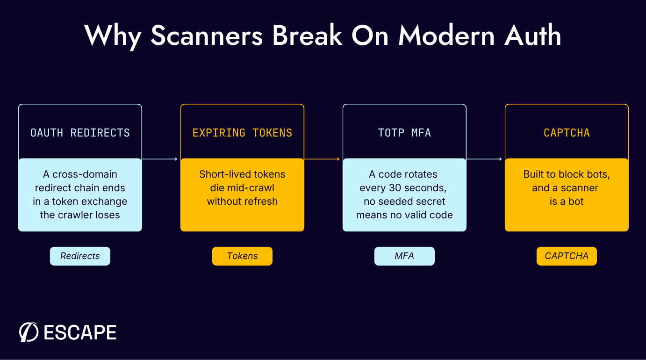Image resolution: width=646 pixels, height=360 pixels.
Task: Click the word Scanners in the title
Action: point(207,36)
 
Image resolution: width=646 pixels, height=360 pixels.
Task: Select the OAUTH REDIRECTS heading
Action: point(80,133)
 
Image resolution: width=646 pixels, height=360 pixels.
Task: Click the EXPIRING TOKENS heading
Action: point(242,133)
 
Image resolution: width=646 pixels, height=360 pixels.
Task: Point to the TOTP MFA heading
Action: point(404,133)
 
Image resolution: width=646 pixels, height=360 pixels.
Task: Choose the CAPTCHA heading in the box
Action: point(567,133)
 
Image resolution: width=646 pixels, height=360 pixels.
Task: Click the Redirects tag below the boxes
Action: point(80,256)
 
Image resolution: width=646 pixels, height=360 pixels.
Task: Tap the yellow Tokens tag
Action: point(242,256)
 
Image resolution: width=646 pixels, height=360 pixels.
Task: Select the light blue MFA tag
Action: point(404,256)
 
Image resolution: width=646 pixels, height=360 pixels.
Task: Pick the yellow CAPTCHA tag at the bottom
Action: point(567,256)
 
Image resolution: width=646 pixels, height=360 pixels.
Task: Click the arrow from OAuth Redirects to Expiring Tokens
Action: point(160,159)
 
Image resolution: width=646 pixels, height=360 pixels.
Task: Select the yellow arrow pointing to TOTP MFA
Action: point(322,159)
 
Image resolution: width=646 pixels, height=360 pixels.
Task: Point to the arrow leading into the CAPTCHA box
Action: point(484,159)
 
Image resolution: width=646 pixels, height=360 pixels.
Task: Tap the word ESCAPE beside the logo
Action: point(80,332)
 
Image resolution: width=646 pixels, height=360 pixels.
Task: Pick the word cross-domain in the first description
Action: point(85,174)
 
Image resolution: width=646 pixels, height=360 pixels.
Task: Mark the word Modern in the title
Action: point(446,36)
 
